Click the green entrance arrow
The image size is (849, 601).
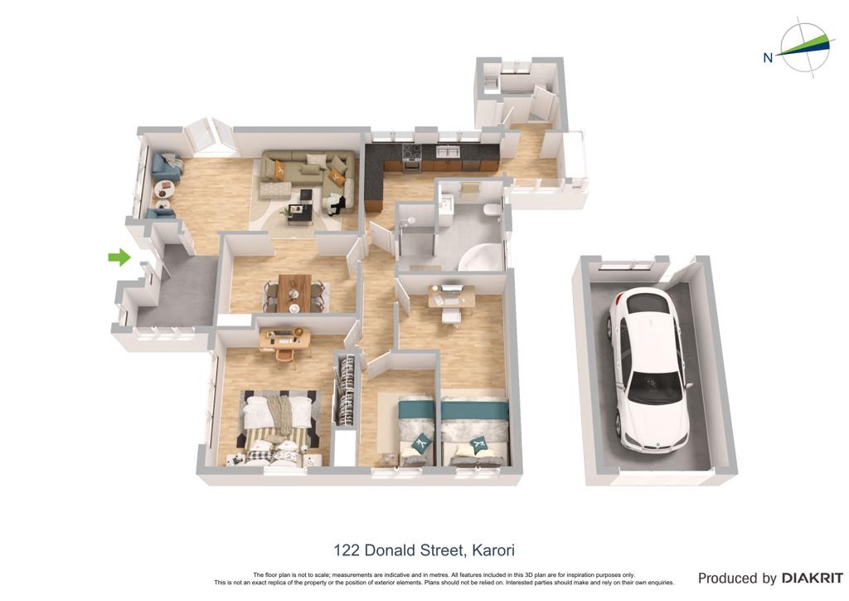coord(119,257)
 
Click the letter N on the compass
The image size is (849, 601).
coord(768,57)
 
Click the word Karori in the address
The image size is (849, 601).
coord(493,550)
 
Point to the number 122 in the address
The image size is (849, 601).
coord(347,550)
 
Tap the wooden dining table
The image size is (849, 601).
coord(295,293)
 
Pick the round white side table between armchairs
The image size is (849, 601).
coord(165,189)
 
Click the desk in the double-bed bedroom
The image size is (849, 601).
coord(285,340)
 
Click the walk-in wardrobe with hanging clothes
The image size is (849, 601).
coord(347,390)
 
